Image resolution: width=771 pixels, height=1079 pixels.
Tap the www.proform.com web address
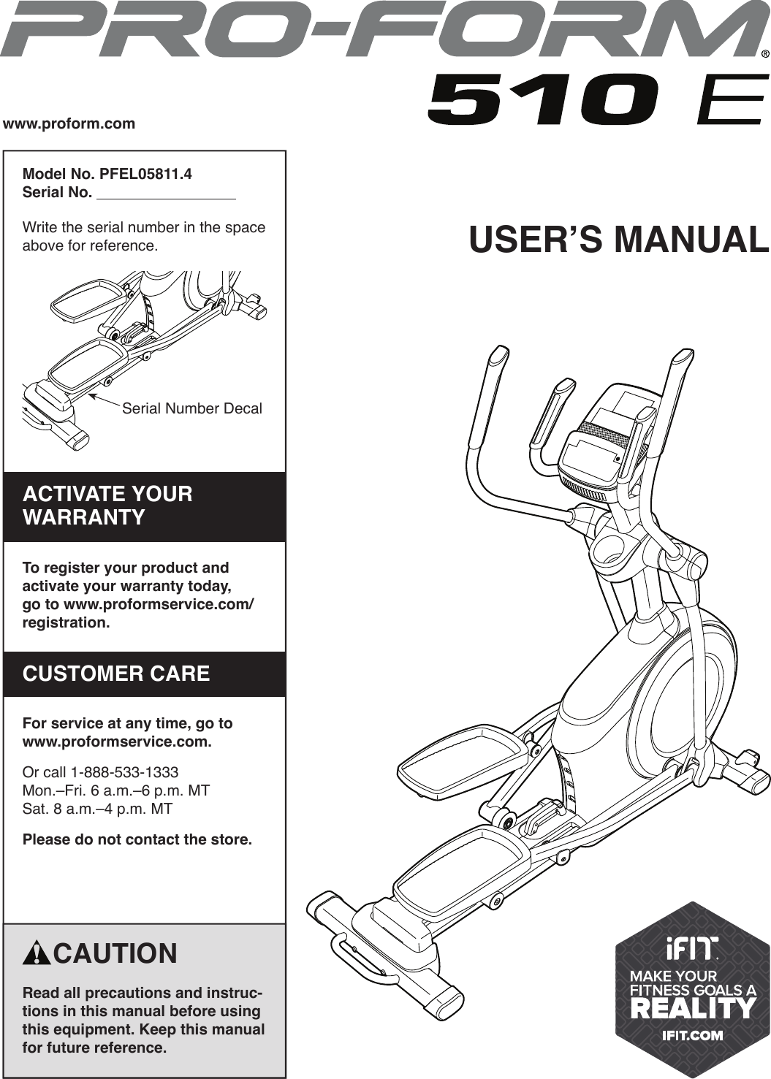click(x=69, y=123)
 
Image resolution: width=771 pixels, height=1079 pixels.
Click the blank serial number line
click(x=166, y=194)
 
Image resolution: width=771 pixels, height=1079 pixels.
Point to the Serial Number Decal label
click(x=191, y=408)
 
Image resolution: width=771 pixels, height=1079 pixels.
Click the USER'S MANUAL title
click(x=618, y=240)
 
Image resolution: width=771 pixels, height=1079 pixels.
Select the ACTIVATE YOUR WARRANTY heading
click(x=108, y=506)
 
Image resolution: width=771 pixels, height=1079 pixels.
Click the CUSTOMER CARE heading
click(x=116, y=674)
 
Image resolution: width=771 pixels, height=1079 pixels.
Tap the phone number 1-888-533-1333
click(x=124, y=772)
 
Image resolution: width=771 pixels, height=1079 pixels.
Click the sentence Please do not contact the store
click(x=137, y=839)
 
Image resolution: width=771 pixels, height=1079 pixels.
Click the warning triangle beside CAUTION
click(x=36, y=954)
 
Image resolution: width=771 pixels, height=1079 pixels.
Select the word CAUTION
click(x=115, y=954)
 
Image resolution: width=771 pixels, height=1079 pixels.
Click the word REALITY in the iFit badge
click(x=692, y=1009)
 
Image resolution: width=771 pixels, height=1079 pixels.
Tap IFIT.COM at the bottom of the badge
click(x=692, y=1034)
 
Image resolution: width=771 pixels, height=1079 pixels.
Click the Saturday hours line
click(x=97, y=809)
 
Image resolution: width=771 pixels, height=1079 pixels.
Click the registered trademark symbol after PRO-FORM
click(x=764, y=54)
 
